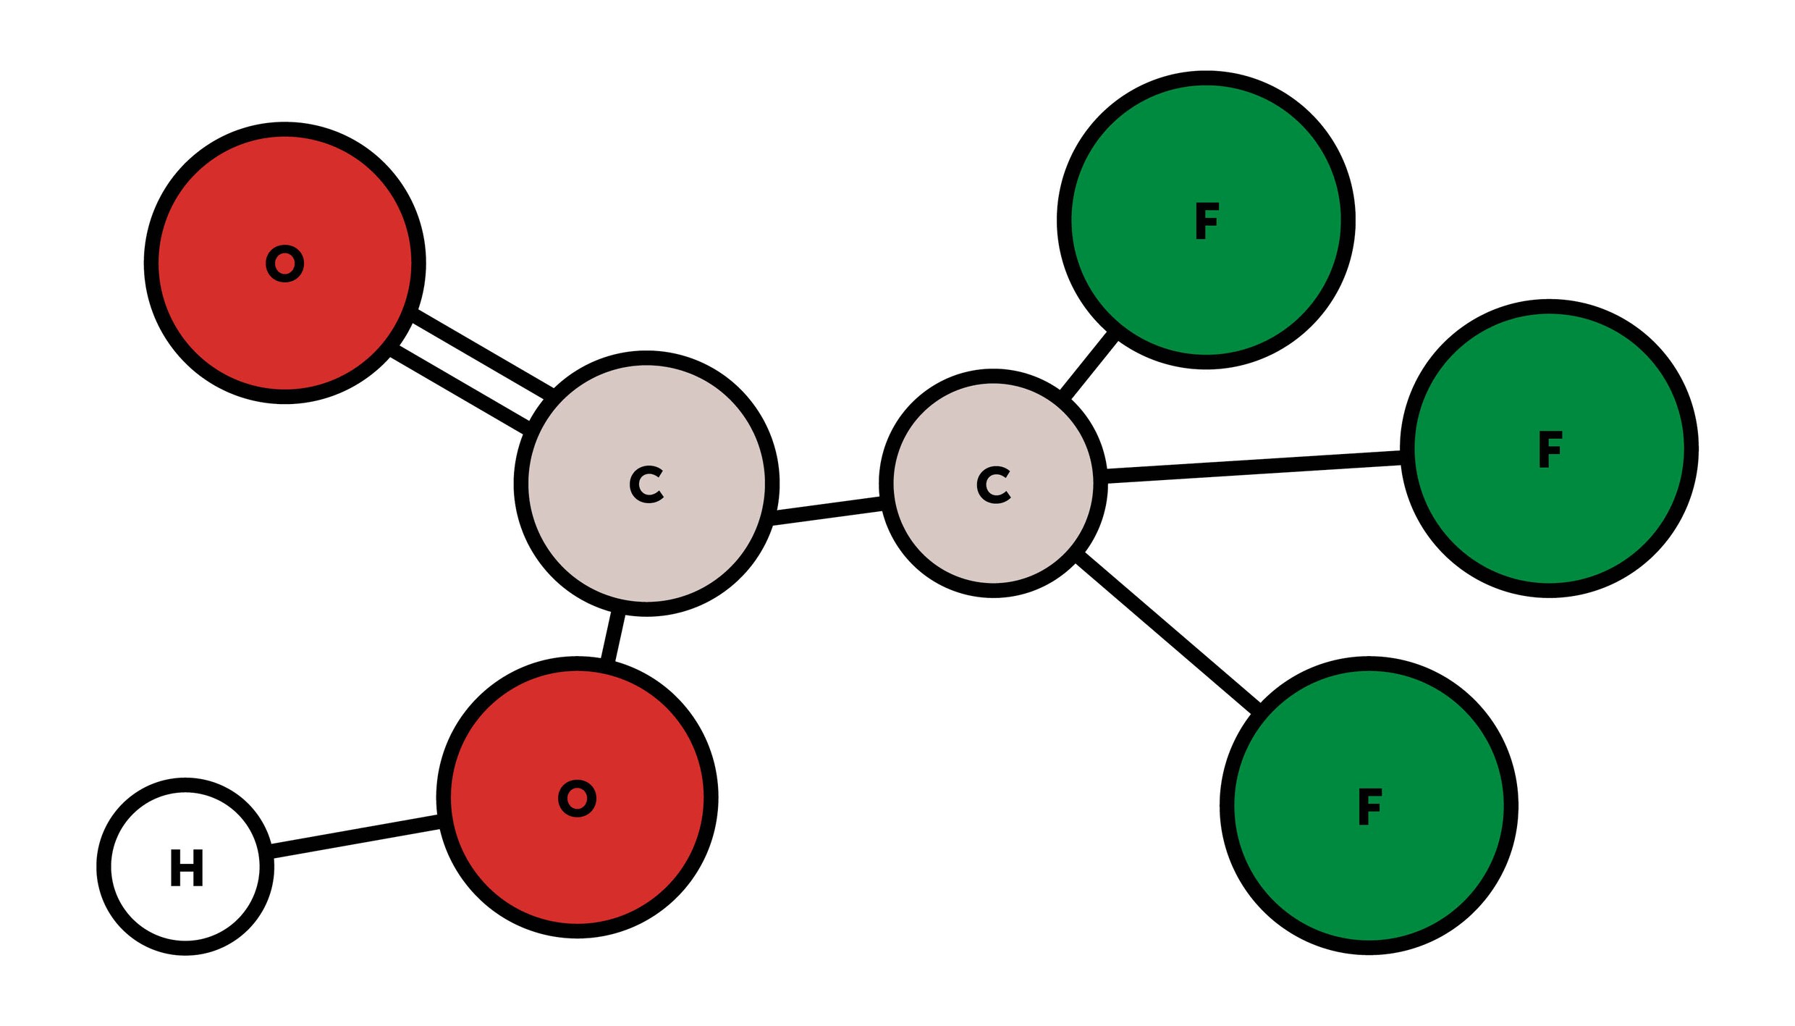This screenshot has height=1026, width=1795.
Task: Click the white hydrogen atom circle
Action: [x=185, y=867]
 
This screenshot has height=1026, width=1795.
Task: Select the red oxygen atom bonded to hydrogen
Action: [x=577, y=797]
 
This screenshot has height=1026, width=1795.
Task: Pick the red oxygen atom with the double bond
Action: [x=285, y=263]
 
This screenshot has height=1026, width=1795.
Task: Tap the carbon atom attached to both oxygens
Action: [x=646, y=484]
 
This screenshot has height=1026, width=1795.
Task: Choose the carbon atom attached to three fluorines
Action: [x=993, y=483]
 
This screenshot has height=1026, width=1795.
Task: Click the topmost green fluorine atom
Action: [x=1206, y=220]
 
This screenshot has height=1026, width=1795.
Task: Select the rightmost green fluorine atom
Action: [x=1549, y=448]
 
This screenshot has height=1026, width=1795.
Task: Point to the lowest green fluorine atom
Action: [x=1369, y=806]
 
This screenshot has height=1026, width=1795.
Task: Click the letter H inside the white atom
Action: [x=187, y=867]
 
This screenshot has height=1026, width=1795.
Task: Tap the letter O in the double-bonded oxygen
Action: [x=285, y=264]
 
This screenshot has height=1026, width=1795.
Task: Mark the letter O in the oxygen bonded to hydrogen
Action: [x=578, y=799]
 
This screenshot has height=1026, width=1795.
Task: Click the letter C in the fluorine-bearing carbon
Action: [x=994, y=484]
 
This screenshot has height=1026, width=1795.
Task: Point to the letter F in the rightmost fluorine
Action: [x=1550, y=449]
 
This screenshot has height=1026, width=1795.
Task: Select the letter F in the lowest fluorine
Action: [x=1370, y=807]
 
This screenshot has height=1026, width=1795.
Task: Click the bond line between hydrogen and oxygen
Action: [x=355, y=836]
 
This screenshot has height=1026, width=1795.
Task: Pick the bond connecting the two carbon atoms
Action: [x=827, y=510]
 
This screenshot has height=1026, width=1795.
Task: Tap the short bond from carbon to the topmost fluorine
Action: [x=1089, y=366]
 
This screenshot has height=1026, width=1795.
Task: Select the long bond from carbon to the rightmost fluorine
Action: [x=1254, y=466]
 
